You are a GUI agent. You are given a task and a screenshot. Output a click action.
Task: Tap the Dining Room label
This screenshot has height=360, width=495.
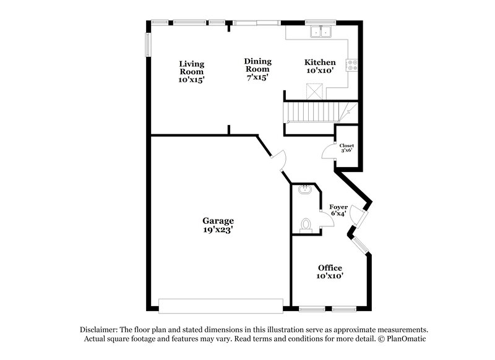[x=257, y=65]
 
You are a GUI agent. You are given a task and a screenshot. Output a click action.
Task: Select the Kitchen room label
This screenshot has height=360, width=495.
[x=320, y=62]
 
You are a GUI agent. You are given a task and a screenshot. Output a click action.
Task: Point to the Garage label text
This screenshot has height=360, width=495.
[x=218, y=221]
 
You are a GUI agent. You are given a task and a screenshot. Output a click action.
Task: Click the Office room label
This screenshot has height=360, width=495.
[x=330, y=267]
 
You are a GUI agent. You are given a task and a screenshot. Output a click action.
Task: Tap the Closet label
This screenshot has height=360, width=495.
[x=346, y=145]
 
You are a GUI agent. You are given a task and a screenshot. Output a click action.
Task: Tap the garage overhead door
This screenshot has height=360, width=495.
[x=220, y=305]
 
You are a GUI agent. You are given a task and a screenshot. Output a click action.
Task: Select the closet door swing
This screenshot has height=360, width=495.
[x=329, y=151]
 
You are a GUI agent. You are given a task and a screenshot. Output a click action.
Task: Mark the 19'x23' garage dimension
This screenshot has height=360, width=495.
[x=218, y=229]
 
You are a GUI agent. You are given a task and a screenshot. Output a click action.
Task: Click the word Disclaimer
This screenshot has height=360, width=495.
[x=101, y=330]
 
